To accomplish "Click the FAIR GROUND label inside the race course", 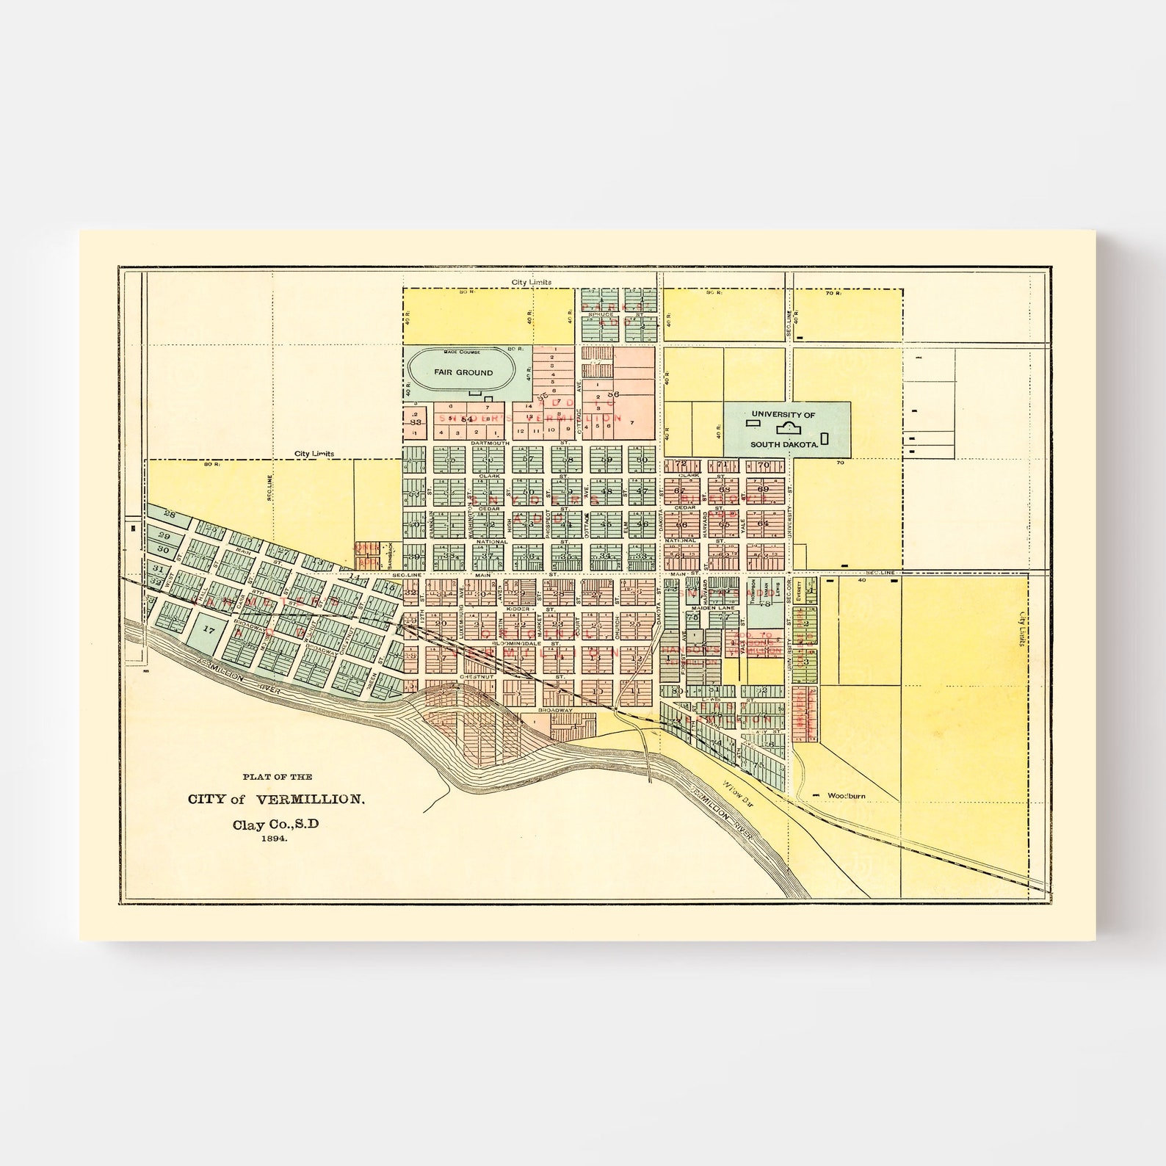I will (x=463, y=373).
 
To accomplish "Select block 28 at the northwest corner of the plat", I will (x=170, y=514).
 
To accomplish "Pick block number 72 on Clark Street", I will (x=682, y=464).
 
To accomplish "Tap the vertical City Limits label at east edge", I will (x=1022, y=631).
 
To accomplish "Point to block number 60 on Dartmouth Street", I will (x=643, y=460).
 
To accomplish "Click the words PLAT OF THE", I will (x=278, y=776).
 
